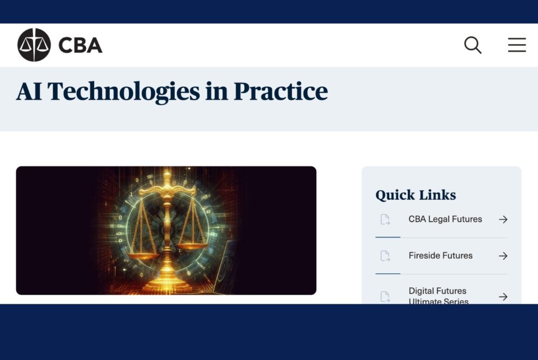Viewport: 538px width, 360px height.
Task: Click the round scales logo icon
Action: pos(34,45)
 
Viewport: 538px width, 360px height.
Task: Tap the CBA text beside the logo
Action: pos(80,46)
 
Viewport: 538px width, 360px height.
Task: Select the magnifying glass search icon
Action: pos(473,45)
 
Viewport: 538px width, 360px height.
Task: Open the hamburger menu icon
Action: pos(516,45)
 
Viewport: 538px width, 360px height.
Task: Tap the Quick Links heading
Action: pos(416,195)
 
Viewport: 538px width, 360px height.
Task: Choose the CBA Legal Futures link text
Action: pos(445,219)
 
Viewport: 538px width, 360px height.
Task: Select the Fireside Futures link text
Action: pos(440,255)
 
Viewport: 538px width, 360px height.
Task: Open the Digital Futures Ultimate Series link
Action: pos(438,296)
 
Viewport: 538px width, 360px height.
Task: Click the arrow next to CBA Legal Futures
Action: pos(503,220)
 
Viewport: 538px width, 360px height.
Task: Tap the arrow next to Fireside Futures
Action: pos(503,256)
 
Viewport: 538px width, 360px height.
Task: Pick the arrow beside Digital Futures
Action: pos(503,297)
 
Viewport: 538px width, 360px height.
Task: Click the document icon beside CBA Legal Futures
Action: pos(385,220)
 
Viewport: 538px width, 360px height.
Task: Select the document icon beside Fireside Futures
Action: pos(385,256)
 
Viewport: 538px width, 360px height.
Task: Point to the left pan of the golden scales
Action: pos(143,255)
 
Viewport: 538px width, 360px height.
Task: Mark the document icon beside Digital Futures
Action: pos(385,297)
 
